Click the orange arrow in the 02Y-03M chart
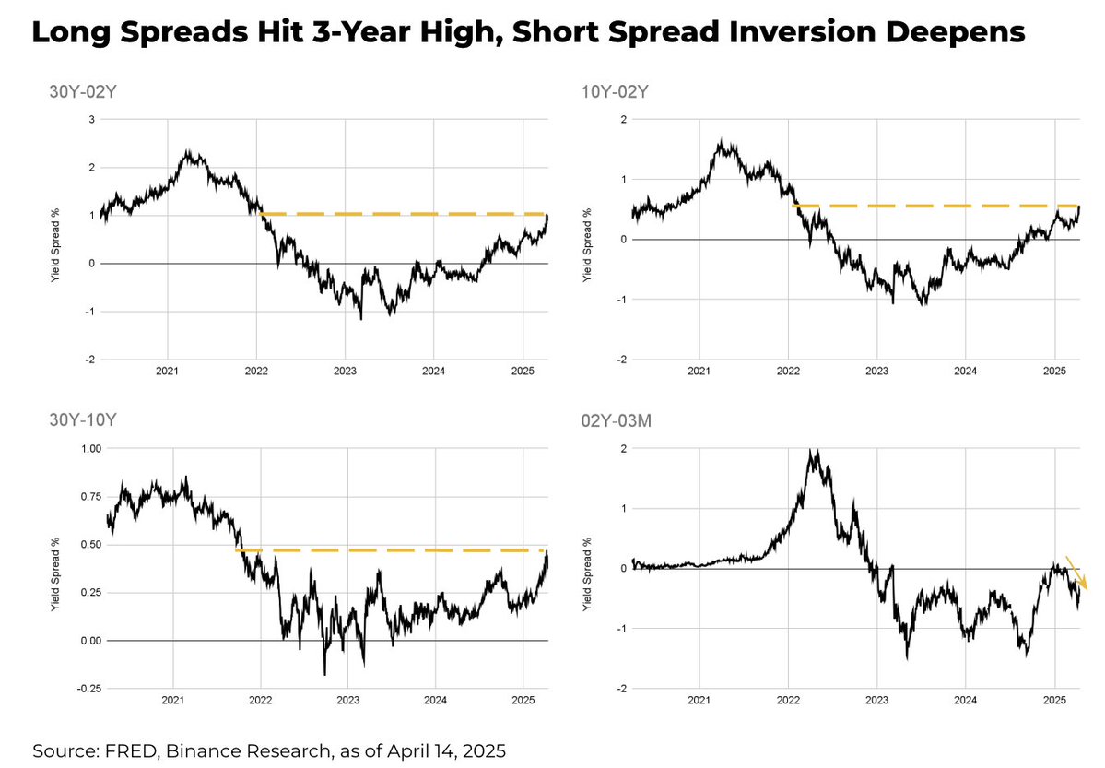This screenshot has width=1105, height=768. pos(1076,573)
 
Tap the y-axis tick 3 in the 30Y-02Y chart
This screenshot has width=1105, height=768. pos(90,120)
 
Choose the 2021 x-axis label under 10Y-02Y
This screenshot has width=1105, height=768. pos(699,372)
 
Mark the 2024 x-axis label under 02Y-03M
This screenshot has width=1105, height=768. pos(965,701)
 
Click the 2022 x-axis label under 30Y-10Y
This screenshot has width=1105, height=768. pos(260,701)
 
